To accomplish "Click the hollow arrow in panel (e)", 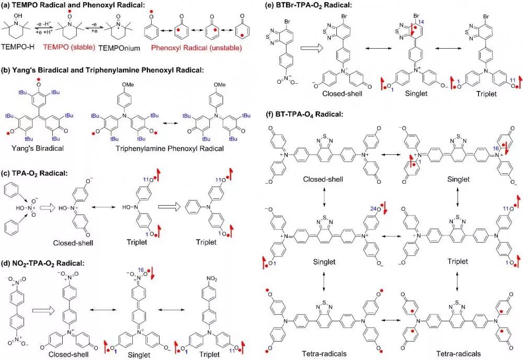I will pyautogui.click(x=314, y=50).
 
